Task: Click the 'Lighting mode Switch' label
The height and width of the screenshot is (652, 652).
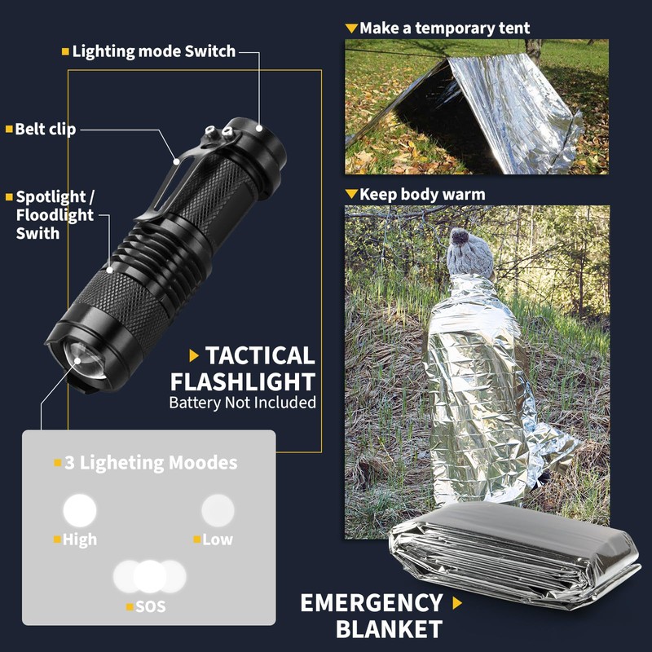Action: tap(153, 51)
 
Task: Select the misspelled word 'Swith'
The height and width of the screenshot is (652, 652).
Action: tap(37, 233)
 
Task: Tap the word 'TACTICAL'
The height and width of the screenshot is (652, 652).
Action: tap(259, 355)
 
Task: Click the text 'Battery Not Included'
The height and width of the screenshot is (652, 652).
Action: tap(242, 403)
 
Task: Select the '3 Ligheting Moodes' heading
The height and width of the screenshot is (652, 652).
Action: tap(151, 463)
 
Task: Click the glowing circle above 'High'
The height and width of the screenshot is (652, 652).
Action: tap(80, 510)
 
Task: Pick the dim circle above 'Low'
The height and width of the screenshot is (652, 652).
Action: tap(218, 510)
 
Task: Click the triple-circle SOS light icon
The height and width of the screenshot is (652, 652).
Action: tap(149, 576)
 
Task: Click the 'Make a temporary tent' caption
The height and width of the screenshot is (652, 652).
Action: tap(444, 29)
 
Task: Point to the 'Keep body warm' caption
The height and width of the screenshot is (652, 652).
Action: tap(421, 195)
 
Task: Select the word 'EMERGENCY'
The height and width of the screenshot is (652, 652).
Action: tap(372, 603)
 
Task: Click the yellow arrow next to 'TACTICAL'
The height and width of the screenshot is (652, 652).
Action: tap(194, 355)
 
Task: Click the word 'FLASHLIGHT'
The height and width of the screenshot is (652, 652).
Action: tap(242, 381)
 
